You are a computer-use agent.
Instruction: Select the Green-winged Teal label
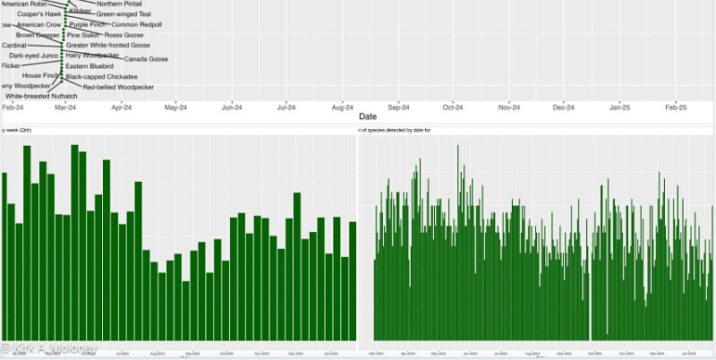124,14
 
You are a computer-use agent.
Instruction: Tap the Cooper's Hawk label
39,14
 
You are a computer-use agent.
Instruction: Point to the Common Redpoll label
137,25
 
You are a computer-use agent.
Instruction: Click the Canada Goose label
146,59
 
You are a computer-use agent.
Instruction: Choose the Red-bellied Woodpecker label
118,87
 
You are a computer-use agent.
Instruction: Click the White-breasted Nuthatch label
41,96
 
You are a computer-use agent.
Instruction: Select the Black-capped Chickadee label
101,77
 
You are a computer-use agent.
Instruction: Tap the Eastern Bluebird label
89,66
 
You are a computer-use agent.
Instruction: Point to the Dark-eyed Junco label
34,56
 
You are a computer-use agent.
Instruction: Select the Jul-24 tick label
286,107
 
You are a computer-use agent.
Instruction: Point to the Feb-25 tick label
675,107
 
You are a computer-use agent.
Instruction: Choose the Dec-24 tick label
564,107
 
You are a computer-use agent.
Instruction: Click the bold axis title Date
367,117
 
